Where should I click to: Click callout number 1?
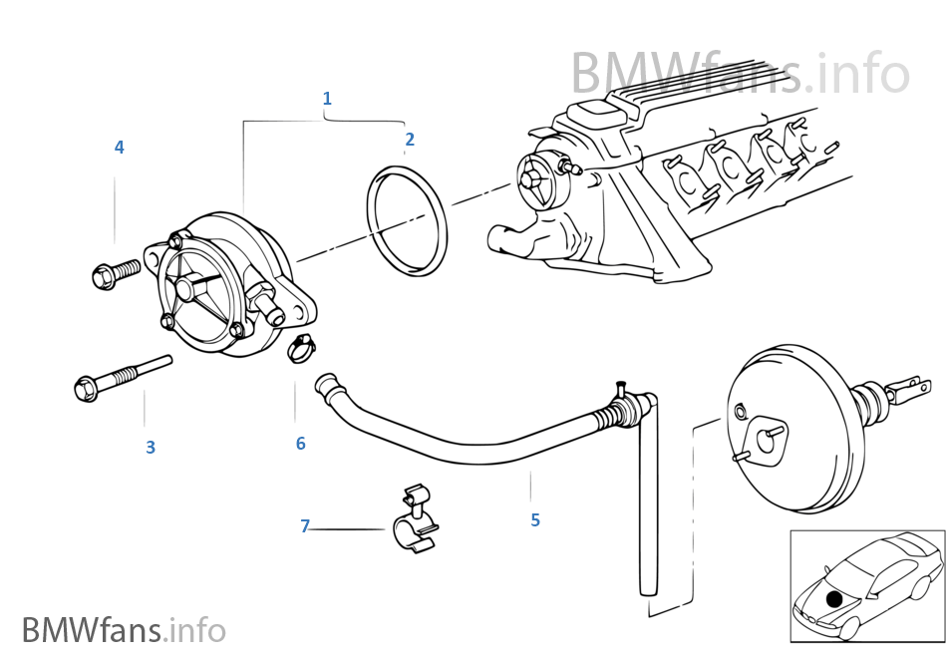click(327, 99)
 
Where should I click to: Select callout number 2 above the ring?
click(410, 140)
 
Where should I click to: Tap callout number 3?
click(151, 448)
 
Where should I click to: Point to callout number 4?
click(119, 148)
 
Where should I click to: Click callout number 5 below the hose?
click(535, 519)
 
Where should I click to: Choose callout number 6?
click(300, 443)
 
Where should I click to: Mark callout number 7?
click(306, 525)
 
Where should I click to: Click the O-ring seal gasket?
click(407, 222)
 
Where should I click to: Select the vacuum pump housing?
click(224, 284)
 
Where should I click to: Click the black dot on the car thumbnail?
click(834, 598)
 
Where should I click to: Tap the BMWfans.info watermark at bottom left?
click(124, 630)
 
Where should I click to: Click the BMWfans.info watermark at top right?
click(740, 74)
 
